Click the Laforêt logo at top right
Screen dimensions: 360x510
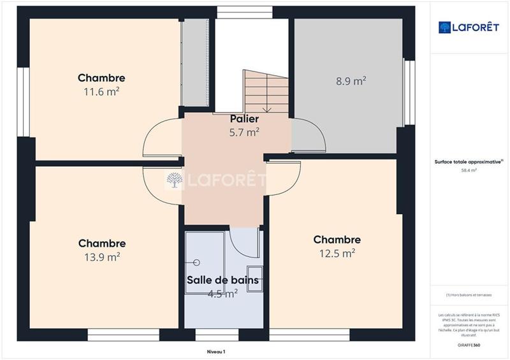(x=468, y=27)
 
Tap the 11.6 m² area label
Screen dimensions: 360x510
(x=101, y=91)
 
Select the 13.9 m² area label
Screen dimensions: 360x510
(x=101, y=257)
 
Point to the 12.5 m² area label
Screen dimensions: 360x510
(x=337, y=253)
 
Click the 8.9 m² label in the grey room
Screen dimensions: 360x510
(x=351, y=81)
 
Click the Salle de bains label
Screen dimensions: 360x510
(x=222, y=280)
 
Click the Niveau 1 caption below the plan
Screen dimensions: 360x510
(x=216, y=351)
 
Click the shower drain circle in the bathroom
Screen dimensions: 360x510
(x=197, y=263)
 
